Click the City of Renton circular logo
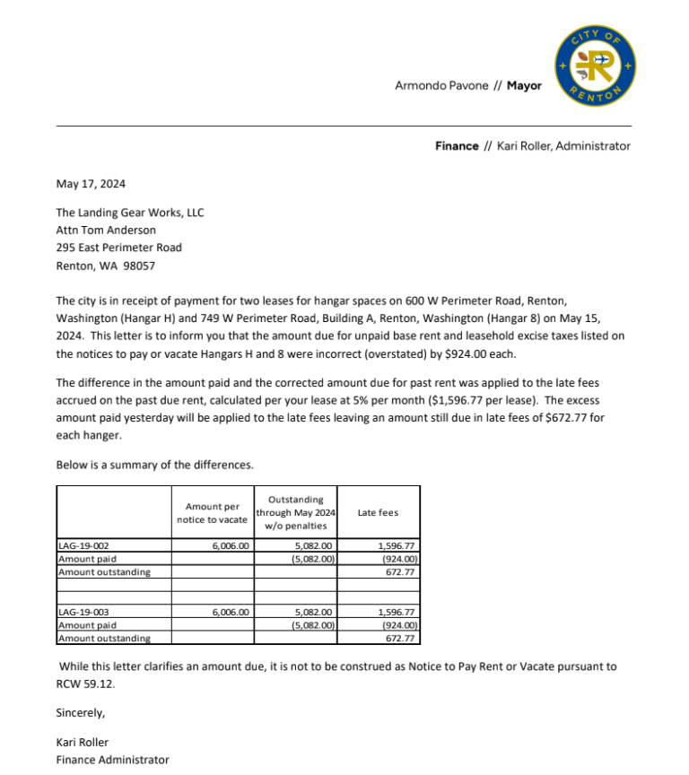click(x=596, y=65)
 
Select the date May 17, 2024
click(x=91, y=184)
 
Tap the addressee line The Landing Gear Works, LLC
click(x=130, y=213)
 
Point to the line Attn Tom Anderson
click(x=106, y=231)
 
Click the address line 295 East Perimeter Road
click(x=118, y=248)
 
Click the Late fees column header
click(x=378, y=512)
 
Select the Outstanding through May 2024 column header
click(x=295, y=512)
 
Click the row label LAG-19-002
click(x=83, y=545)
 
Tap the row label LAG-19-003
click(x=83, y=613)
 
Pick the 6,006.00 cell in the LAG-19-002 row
click(x=231, y=545)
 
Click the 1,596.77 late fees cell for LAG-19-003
click(x=397, y=613)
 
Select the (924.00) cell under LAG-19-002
click(x=399, y=558)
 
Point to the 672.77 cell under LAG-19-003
click(x=401, y=639)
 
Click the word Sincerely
click(x=80, y=713)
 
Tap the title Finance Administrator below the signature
click(x=112, y=760)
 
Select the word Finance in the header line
click(x=457, y=146)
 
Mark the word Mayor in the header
click(x=524, y=86)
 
